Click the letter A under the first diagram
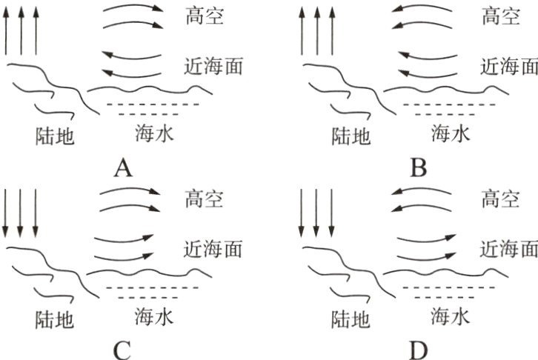click(123, 168)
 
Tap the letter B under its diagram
click(419, 168)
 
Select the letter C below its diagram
click(122, 351)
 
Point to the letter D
click(419, 351)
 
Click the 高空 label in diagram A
click(205, 16)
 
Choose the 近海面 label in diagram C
click(213, 249)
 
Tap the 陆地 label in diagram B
click(351, 136)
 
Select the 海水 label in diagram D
click(450, 316)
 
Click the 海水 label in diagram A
click(154, 133)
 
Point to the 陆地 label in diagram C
click(55, 319)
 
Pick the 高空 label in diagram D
click(500, 199)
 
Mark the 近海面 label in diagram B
click(509, 66)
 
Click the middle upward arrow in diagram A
click(21, 31)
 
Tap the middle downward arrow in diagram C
click(20, 213)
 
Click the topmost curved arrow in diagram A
click(134, 5)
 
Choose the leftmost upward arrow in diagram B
click(302, 31)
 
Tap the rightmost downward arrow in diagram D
click(331, 213)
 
